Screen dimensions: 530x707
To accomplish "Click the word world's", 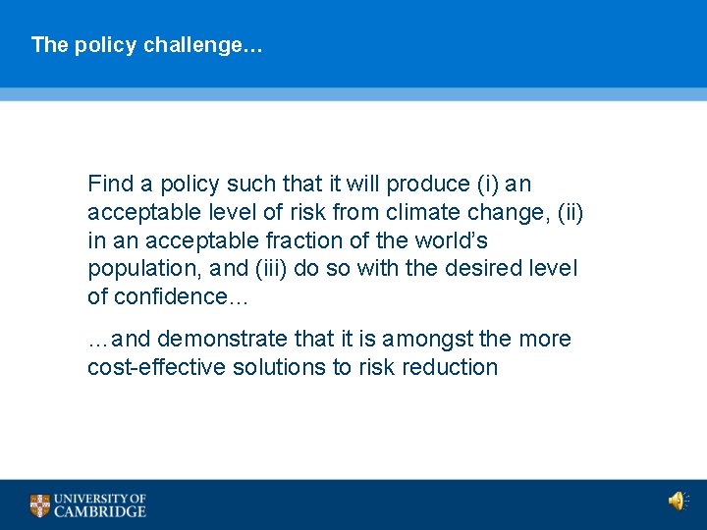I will pos(451,240).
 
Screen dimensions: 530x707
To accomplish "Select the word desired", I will pos(485,268).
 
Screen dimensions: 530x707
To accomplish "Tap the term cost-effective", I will pos(157,368).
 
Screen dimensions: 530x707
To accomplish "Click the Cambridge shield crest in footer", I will pos(39,504).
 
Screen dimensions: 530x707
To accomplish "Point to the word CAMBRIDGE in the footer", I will pos(100,511).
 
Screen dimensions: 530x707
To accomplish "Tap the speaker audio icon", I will pos(677,503).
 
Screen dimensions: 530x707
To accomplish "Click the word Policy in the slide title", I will pos(103,45).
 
